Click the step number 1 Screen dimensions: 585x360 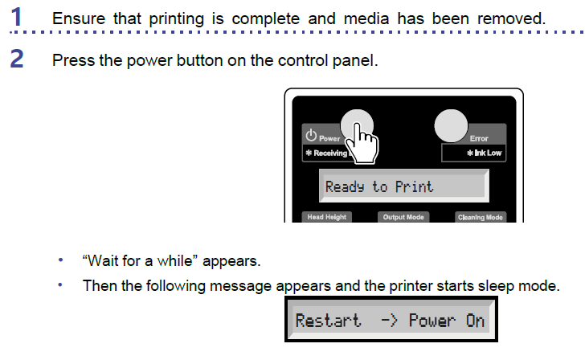16,17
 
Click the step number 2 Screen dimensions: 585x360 17,59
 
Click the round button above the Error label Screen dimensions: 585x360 451,125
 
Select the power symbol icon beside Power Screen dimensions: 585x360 311,135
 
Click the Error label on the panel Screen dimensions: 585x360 479,138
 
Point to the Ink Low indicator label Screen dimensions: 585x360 485,153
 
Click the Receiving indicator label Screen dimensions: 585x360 326,153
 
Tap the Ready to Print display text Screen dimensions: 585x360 379,186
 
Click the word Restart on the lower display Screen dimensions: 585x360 329,321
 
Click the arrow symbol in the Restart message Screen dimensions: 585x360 389,321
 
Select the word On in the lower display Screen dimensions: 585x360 475,321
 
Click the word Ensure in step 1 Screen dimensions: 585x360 79,18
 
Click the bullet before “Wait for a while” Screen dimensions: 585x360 60,260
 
